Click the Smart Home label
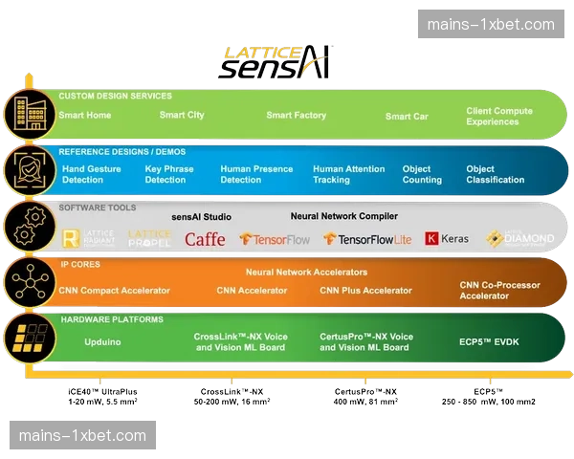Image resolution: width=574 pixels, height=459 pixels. click(85, 116)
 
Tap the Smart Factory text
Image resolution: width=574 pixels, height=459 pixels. click(296, 116)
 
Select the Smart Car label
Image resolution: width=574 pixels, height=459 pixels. click(407, 117)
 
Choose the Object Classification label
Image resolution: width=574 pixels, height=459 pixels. click(495, 174)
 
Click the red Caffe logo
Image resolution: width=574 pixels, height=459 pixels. click(205, 239)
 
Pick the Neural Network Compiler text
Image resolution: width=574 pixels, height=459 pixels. click(343, 217)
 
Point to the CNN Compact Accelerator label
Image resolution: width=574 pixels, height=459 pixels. click(113, 291)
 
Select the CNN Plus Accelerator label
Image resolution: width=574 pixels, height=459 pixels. click(365, 291)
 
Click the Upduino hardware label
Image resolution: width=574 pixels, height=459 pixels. click(102, 341)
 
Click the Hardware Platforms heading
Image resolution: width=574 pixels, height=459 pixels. click(111, 319)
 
